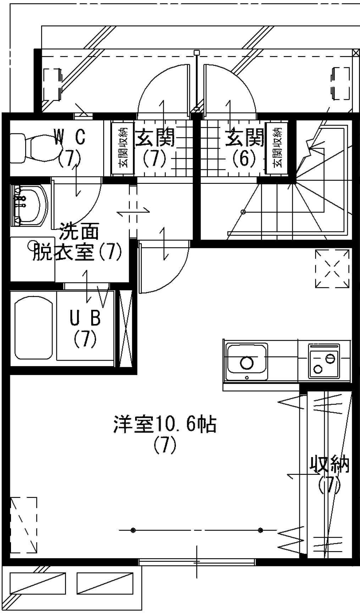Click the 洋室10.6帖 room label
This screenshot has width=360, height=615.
click(x=165, y=424)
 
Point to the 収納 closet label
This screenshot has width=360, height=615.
click(x=329, y=465)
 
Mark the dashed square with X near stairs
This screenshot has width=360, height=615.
click(x=332, y=268)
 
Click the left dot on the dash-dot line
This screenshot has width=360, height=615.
click(x=133, y=530)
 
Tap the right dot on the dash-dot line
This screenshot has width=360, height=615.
click(x=261, y=530)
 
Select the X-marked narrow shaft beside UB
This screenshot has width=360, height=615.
click(x=126, y=328)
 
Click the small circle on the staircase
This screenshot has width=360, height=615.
click(x=243, y=212)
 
